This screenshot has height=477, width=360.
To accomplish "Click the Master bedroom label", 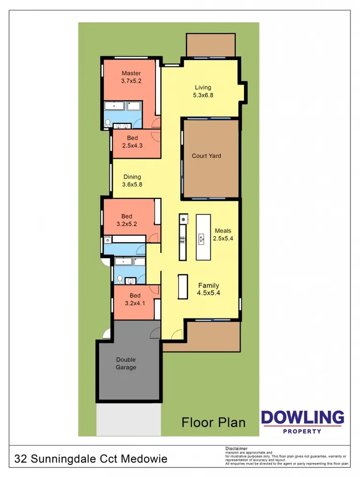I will click(131, 73).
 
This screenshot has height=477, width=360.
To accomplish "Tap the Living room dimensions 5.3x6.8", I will click(203, 95).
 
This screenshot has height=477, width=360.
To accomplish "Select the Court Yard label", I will click(206, 156).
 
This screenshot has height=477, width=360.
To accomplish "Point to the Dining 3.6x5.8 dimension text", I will click(132, 184).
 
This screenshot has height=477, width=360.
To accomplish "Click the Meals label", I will click(223, 230).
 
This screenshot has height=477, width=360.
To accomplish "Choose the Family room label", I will click(208, 285).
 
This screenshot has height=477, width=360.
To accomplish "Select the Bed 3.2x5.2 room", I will click(127, 220).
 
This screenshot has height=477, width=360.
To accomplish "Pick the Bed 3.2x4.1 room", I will click(135, 299).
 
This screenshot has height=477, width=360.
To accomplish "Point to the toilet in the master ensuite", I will click(108, 122).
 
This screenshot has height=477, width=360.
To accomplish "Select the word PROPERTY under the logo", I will click(302, 431).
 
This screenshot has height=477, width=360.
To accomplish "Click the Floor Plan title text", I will click(214, 422).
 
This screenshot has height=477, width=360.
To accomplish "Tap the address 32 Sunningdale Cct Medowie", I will click(91, 459).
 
